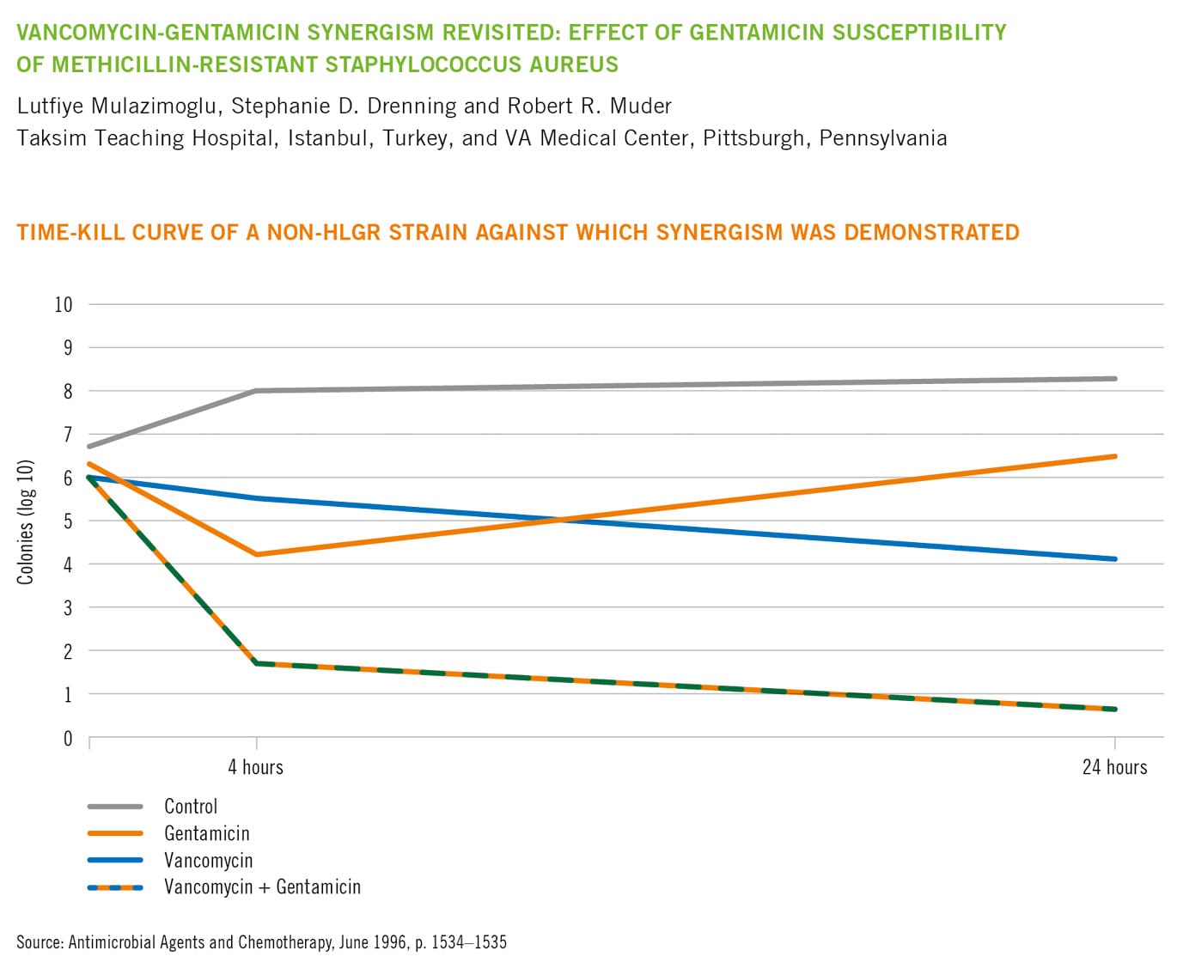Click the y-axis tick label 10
[x=64, y=304]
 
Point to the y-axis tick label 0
[x=68, y=739]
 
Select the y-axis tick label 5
[x=68, y=521]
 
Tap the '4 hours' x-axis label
[x=255, y=767]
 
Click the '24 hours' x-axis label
[x=1114, y=767]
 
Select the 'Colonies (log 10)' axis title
[x=26, y=522]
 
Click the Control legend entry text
[x=191, y=807]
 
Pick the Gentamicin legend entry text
[x=206, y=833]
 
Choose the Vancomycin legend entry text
[x=208, y=861]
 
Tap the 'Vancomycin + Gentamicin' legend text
[x=262, y=887]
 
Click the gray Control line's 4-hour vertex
[x=256, y=391]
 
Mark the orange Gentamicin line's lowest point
[x=256, y=554]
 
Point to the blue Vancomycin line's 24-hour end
[x=1114, y=559]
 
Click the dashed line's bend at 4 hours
[x=256, y=663]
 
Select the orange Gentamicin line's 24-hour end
[x=1114, y=456]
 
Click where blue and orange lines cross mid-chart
[x=560, y=520]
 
